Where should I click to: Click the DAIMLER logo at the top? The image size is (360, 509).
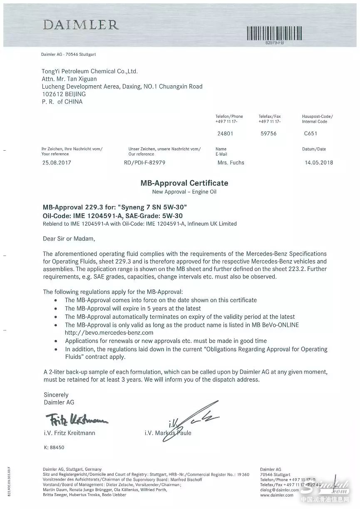80,25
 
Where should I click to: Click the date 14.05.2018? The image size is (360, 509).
319,163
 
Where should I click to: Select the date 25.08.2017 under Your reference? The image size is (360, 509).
56,163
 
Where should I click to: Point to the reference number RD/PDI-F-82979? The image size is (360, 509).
144,163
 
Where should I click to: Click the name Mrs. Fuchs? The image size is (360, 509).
231,163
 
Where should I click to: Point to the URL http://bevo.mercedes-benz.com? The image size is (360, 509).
109,333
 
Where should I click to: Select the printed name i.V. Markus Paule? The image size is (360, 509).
168,433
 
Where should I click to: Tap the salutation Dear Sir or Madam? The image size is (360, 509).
69,239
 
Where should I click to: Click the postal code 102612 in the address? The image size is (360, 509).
52,94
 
